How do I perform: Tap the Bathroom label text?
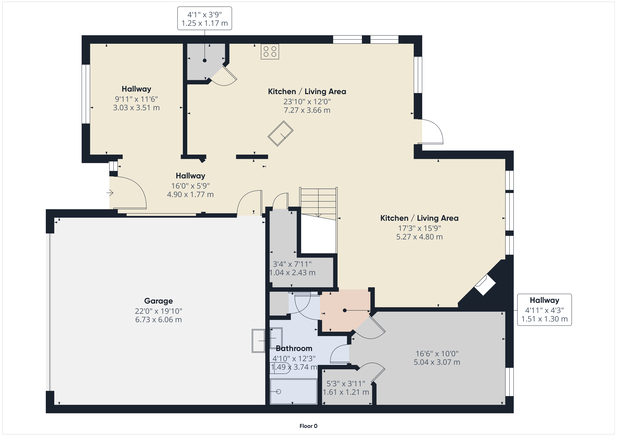coord(294,348)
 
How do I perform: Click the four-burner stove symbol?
coord(270,51)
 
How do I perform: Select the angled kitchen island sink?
coord(280,133)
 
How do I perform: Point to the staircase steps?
coord(318,202)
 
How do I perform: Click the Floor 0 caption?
coord(308,426)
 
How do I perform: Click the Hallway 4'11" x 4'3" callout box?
coord(544,310)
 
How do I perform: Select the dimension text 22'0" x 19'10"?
coord(159,311)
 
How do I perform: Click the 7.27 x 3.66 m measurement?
coord(307,110)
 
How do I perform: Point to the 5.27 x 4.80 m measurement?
coord(419,237)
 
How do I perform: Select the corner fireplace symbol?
coord(485,285)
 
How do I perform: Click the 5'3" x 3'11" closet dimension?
coord(346,384)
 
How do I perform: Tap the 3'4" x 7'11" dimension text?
coord(292,264)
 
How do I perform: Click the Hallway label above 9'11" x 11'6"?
coord(136,89)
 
